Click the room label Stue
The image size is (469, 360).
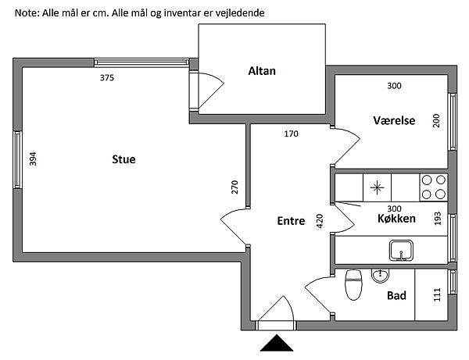124,161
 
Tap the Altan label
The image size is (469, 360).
262,71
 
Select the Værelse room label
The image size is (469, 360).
393,120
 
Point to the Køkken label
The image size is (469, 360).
396,219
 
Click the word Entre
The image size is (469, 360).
291,221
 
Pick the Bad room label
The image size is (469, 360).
396,296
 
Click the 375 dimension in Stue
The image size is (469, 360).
107,77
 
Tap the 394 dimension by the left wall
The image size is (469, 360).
33,159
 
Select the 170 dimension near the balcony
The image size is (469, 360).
291,134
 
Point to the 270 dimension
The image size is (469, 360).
234,187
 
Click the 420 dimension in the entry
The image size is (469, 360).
319,221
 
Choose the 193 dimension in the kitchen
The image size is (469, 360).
437,219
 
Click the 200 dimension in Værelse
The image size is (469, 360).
436,121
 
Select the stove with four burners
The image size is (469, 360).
434,187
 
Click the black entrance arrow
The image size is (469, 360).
276,344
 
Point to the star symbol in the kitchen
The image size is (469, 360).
378,187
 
